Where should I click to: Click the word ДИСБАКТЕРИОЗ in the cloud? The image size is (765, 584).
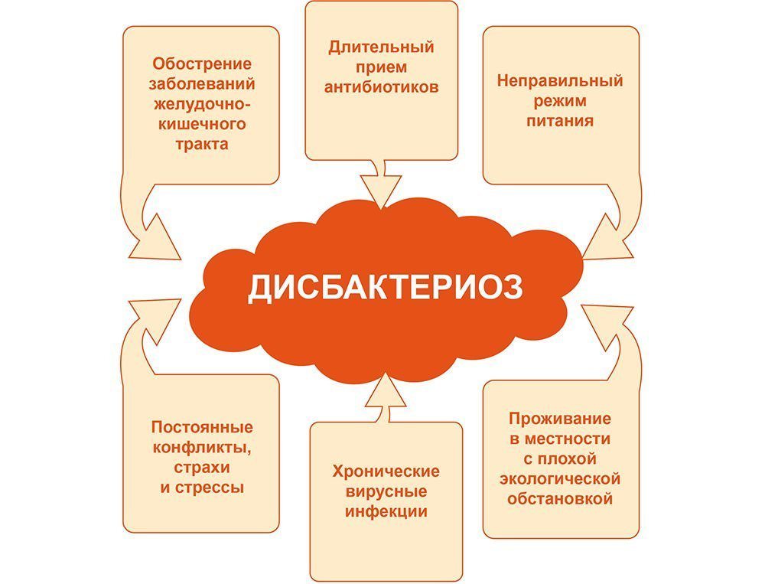[x=386, y=288]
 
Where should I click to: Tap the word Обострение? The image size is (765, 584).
[x=202, y=64]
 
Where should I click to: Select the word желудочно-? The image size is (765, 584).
[x=202, y=104]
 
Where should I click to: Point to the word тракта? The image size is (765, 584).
[x=202, y=145]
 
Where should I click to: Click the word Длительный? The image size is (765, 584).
[x=381, y=47]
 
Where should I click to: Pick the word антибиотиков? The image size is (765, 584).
[x=381, y=87]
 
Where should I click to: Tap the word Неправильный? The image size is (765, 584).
[x=560, y=80]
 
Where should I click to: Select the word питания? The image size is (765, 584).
[x=560, y=121]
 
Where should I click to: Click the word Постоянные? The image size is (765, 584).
[x=202, y=427]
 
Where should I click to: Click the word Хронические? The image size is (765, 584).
[x=386, y=471]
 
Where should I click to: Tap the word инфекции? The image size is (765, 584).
[x=386, y=512]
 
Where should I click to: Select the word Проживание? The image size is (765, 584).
[x=560, y=419]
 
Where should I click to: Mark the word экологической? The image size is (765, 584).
[x=560, y=479]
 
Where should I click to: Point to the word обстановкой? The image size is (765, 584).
[x=560, y=499]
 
